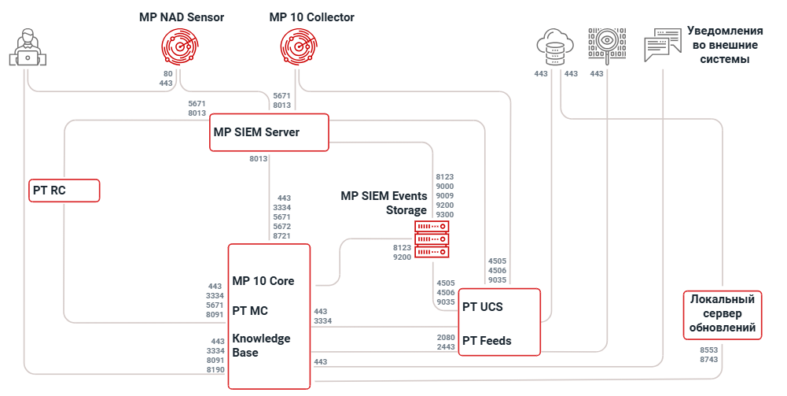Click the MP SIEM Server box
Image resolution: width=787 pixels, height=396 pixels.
tap(269, 132)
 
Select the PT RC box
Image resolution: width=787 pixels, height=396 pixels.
tap(64, 191)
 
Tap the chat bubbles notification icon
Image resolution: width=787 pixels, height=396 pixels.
tap(662, 46)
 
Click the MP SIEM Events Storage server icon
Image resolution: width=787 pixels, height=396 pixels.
tap(432, 239)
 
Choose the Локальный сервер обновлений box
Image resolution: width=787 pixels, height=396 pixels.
tap(723, 314)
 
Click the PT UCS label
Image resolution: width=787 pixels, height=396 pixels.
tap(483, 306)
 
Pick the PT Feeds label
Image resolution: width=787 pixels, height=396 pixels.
tap(487, 341)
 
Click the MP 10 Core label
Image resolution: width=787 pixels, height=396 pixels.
tap(263, 281)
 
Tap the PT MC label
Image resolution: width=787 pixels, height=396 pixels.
tap(251, 310)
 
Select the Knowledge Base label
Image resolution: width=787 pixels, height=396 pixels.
tap(261, 346)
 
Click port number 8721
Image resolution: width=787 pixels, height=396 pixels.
tap(281, 236)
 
